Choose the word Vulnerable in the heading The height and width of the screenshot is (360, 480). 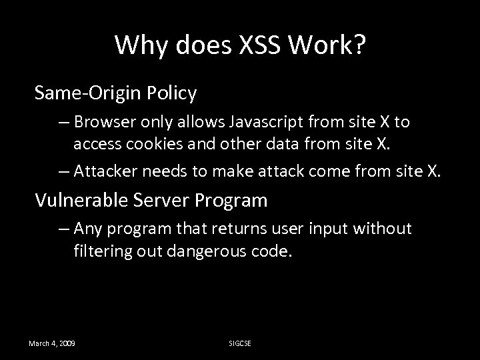pyautogui.click(x=77, y=199)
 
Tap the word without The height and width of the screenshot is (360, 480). pyautogui.click(x=383, y=229)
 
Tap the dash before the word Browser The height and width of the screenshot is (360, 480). pyautogui.click(x=64, y=122)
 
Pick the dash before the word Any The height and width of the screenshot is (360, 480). pyautogui.click(x=64, y=229)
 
